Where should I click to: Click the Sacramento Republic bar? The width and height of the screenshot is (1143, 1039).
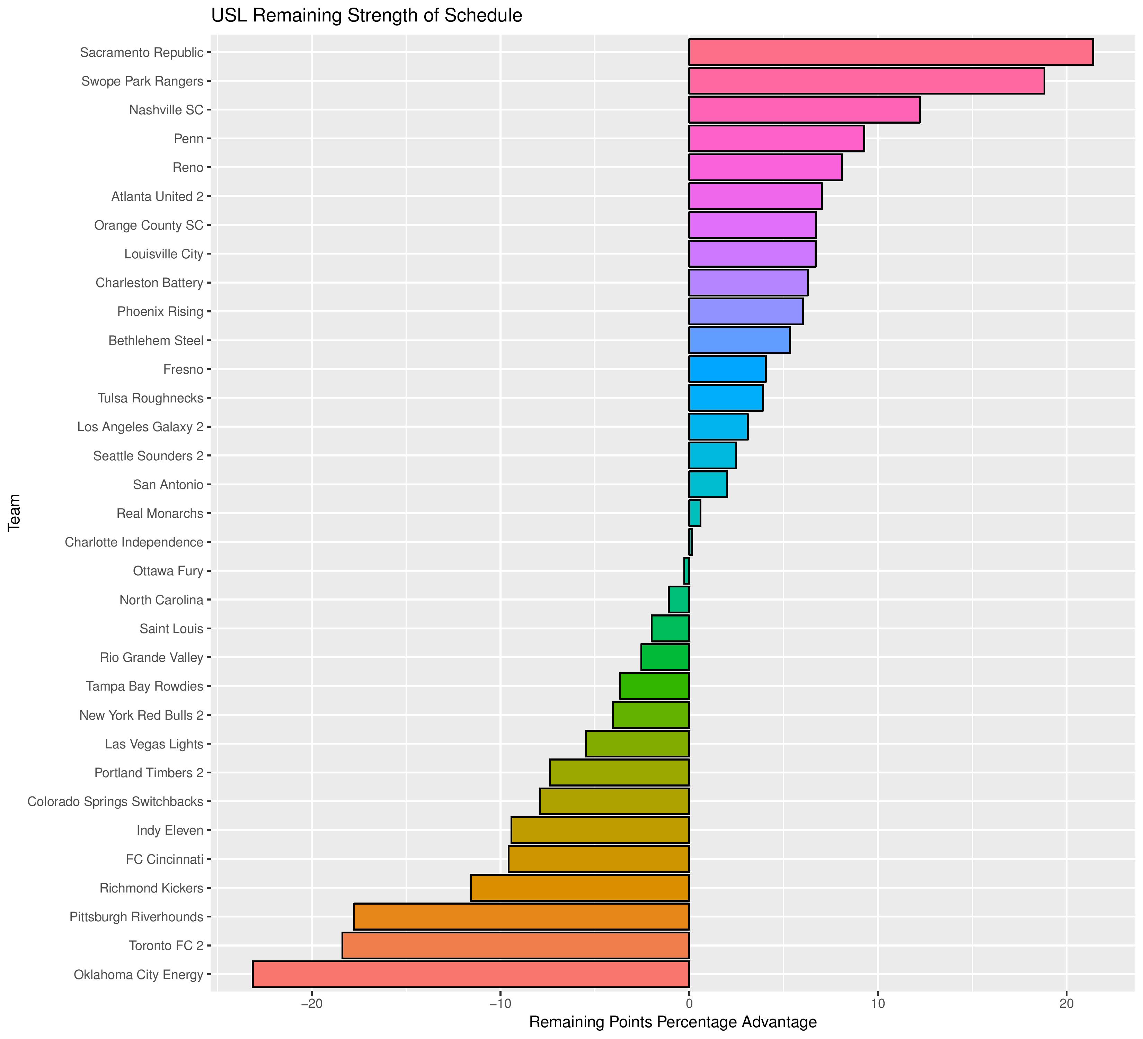[890, 52]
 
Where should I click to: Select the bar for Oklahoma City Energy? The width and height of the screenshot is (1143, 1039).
[471, 974]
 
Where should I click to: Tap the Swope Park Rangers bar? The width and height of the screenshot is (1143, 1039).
[866, 81]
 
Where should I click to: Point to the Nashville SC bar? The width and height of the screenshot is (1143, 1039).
[804, 110]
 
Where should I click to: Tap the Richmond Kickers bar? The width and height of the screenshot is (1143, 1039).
[579, 888]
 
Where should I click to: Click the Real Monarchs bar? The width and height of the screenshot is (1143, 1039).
[694, 513]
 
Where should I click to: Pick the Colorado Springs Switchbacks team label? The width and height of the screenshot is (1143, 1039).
[115, 801]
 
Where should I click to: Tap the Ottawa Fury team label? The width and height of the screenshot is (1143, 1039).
[168, 571]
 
